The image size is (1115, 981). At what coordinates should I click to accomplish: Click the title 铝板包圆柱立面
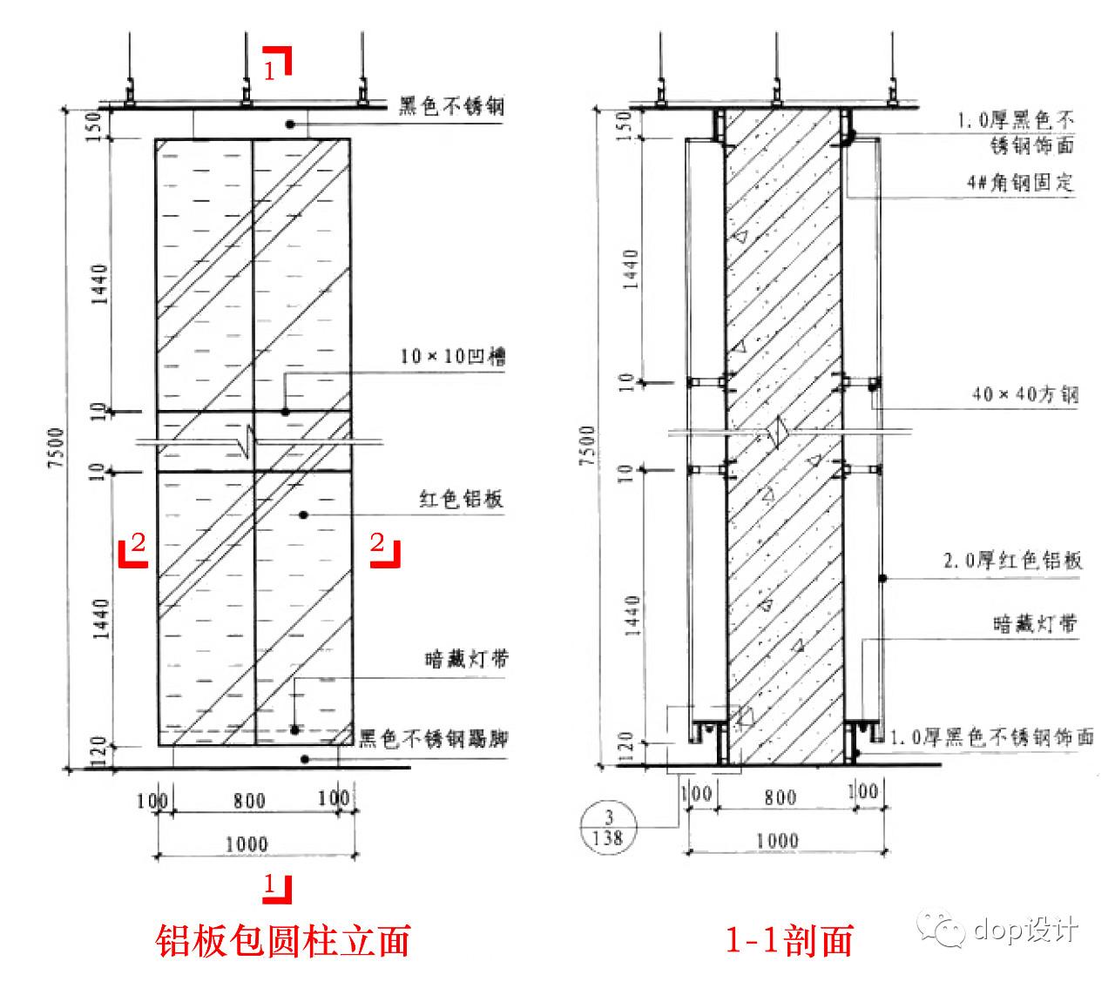283,940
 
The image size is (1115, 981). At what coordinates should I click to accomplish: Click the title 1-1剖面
789,940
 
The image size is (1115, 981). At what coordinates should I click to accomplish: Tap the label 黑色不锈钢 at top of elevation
451,106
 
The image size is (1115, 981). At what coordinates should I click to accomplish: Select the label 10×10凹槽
453,357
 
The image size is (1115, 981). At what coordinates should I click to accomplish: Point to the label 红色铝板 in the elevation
461,501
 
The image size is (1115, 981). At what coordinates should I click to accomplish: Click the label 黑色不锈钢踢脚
434,739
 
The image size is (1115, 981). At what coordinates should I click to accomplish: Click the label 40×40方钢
1024,394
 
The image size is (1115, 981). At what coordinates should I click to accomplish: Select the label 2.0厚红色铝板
1012,560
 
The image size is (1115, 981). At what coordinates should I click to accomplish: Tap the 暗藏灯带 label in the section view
1034,623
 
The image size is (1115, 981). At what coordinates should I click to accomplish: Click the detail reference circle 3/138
608,827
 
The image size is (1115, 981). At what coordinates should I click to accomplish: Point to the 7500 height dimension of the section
586,444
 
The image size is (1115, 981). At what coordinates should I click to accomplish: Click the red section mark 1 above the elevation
277,64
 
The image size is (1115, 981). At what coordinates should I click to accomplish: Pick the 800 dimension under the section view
780,796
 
